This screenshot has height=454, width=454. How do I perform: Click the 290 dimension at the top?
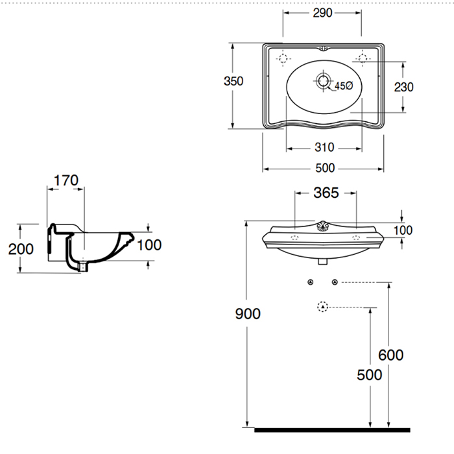click(321, 13)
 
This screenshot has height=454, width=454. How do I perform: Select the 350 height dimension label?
click(233, 81)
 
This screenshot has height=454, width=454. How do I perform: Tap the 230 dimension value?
click(403, 87)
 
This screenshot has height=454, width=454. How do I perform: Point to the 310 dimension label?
click(324, 147)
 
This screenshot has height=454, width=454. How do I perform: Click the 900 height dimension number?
click(247, 314)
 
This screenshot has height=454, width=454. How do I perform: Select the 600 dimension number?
click(390, 355)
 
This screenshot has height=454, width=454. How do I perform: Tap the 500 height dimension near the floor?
click(369, 375)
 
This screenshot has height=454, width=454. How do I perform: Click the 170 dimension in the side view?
click(66, 180)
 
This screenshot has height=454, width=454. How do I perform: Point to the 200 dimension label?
click(20, 248)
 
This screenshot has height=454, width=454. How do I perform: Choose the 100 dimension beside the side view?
click(150, 245)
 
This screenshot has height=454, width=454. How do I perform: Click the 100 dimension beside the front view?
click(403, 230)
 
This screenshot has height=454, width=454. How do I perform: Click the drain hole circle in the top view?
click(323, 81)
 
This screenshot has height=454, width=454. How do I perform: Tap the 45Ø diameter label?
click(343, 86)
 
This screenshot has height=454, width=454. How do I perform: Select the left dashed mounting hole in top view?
click(283, 59)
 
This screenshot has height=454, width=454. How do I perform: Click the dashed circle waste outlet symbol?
click(322, 307)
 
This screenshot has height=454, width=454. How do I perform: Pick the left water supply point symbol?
click(311, 282)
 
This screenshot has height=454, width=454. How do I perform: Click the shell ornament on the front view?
click(323, 226)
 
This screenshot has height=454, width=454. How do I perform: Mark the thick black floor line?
click(332, 429)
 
